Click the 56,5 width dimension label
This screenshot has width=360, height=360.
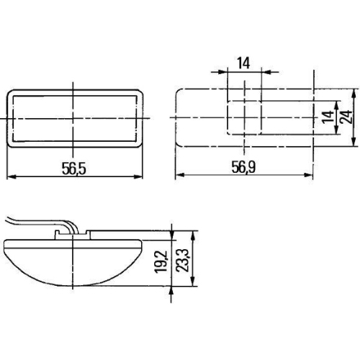click(x=73, y=168)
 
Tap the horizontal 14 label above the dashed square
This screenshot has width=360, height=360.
click(x=243, y=63)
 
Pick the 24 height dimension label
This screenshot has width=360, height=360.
click(x=346, y=117)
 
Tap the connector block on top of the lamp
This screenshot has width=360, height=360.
click(x=72, y=234)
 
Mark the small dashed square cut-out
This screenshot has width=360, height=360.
click(x=244, y=117)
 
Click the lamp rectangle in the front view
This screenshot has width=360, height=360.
click(x=73, y=117)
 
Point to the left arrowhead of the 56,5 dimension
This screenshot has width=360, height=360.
click(x=9, y=177)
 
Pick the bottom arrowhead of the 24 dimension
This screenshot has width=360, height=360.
click(x=354, y=143)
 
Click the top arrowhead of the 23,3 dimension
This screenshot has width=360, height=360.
click(x=193, y=234)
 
